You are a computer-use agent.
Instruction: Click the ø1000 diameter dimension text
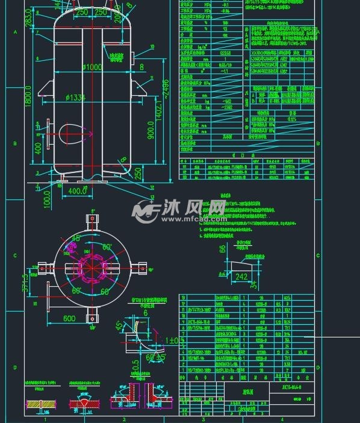tap(93, 67)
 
